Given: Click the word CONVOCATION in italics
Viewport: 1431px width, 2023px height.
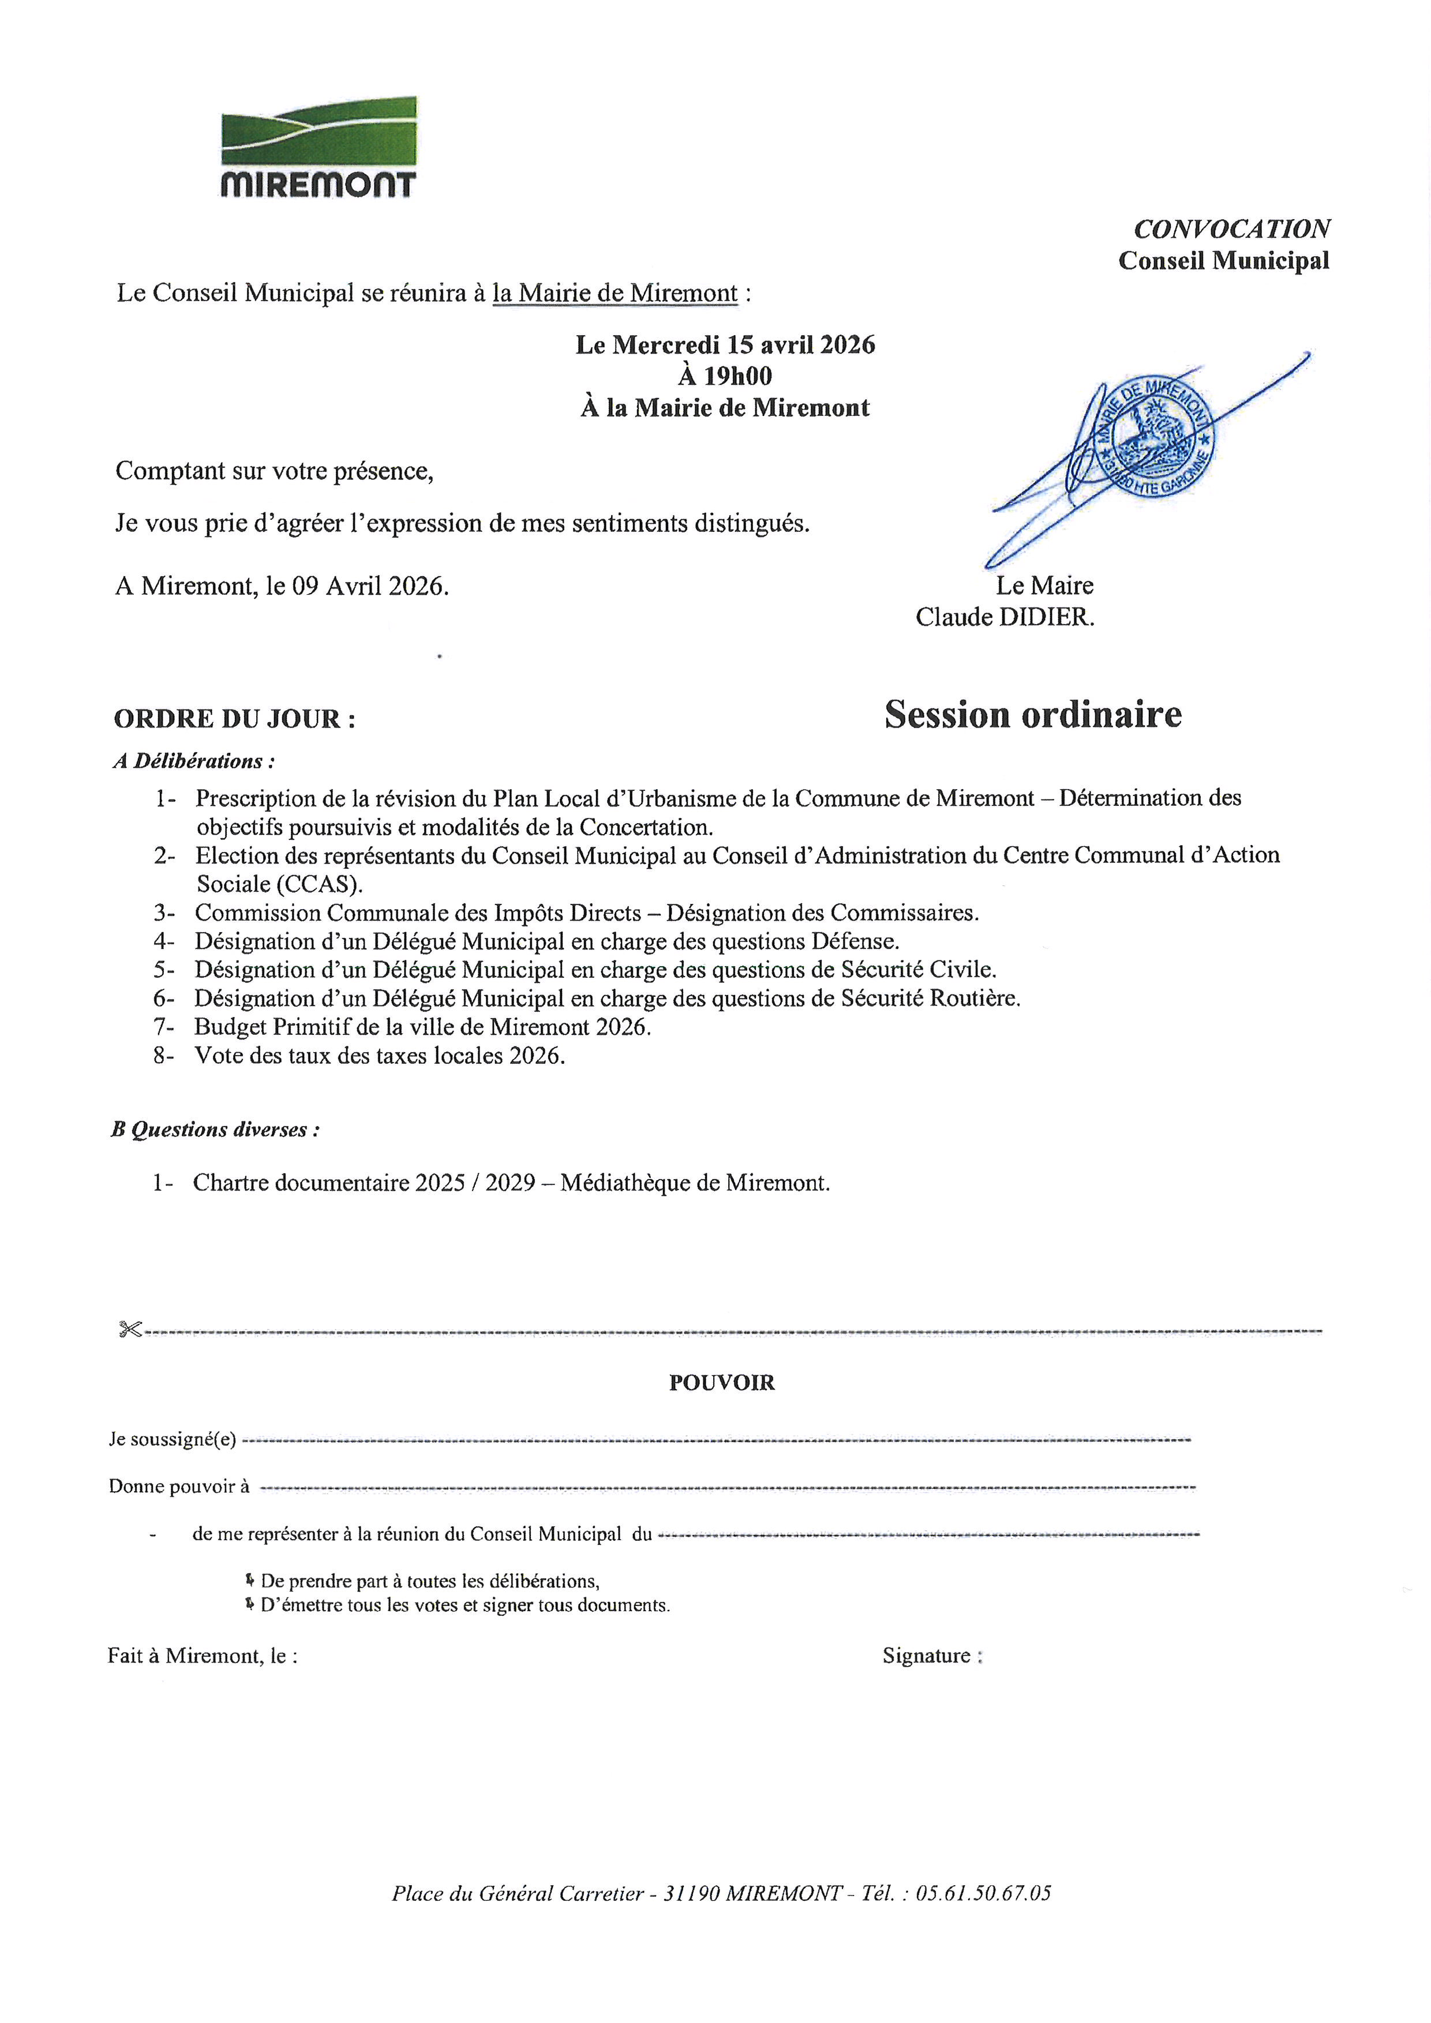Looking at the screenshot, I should pyautogui.click(x=1231, y=229).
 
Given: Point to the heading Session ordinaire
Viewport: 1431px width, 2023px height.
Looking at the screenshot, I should pyautogui.click(x=1033, y=715).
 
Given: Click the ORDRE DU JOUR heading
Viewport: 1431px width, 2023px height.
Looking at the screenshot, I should pyautogui.click(x=234, y=719).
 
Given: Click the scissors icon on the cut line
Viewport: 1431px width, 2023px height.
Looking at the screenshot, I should pyautogui.click(x=129, y=1330).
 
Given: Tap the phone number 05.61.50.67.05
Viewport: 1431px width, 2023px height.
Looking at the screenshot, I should pyautogui.click(x=983, y=1893).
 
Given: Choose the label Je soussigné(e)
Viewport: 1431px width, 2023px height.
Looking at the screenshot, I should pyautogui.click(x=173, y=1440).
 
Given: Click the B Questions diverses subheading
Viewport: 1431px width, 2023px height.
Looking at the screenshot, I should pyautogui.click(x=215, y=1129).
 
